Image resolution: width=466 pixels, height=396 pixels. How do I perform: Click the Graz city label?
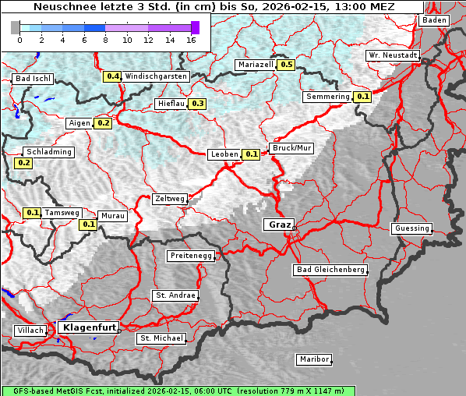(x=279, y=225)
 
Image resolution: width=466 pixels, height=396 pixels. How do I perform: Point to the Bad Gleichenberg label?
(x=330, y=270)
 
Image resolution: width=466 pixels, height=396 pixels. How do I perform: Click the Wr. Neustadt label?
(x=393, y=55)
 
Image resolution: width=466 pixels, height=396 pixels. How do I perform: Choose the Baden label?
(x=434, y=20)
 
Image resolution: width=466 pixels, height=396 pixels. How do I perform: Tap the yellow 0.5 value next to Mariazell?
(x=286, y=65)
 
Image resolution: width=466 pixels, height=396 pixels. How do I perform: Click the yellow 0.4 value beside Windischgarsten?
(x=113, y=76)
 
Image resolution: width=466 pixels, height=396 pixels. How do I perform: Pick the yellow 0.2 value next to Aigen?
(x=103, y=123)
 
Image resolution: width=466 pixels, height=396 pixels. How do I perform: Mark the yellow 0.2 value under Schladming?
(x=23, y=163)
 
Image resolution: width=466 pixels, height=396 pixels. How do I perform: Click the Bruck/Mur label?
(x=291, y=147)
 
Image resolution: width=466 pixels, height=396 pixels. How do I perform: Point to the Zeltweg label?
(x=169, y=199)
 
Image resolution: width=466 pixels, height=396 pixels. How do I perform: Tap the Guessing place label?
(x=411, y=228)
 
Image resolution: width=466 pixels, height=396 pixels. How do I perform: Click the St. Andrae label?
(x=175, y=295)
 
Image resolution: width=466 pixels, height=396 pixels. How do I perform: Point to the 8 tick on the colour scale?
(x=105, y=39)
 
